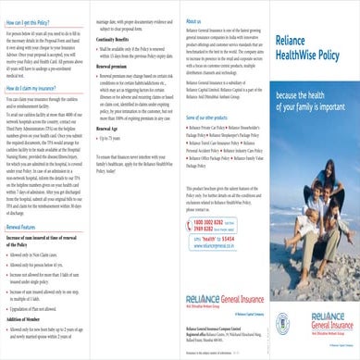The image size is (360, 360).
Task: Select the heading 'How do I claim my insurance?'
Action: point(39,108)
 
